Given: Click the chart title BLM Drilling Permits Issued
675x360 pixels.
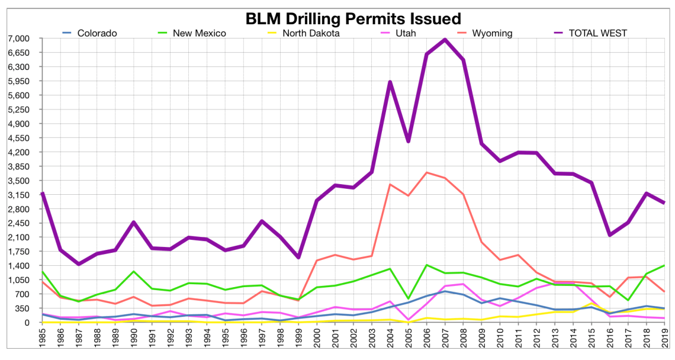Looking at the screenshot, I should click(x=353, y=18).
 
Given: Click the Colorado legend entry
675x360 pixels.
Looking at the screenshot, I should click(x=97, y=33).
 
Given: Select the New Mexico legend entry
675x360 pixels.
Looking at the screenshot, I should click(x=199, y=33).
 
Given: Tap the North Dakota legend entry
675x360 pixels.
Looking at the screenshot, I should click(x=310, y=33).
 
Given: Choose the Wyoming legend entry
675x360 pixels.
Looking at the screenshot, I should click(x=492, y=33).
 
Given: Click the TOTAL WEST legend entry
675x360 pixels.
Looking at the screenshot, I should click(x=597, y=33).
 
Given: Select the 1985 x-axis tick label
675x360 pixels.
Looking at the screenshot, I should click(x=43, y=342).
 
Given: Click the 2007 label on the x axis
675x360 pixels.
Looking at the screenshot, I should click(x=445, y=342).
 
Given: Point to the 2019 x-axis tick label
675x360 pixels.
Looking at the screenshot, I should click(x=664, y=342).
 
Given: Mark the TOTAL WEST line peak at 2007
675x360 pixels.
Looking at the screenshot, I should click(x=445, y=40).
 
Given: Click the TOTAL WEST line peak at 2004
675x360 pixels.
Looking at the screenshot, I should click(x=390, y=82).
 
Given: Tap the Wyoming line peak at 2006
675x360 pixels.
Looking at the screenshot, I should click(x=426, y=172).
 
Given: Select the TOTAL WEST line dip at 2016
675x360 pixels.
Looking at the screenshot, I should click(x=609, y=235).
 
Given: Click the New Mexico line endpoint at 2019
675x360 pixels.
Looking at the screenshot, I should click(x=664, y=266).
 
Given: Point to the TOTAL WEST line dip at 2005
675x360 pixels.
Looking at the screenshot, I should click(x=408, y=141).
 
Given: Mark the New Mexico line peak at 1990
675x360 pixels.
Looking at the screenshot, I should click(x=134, y=271).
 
